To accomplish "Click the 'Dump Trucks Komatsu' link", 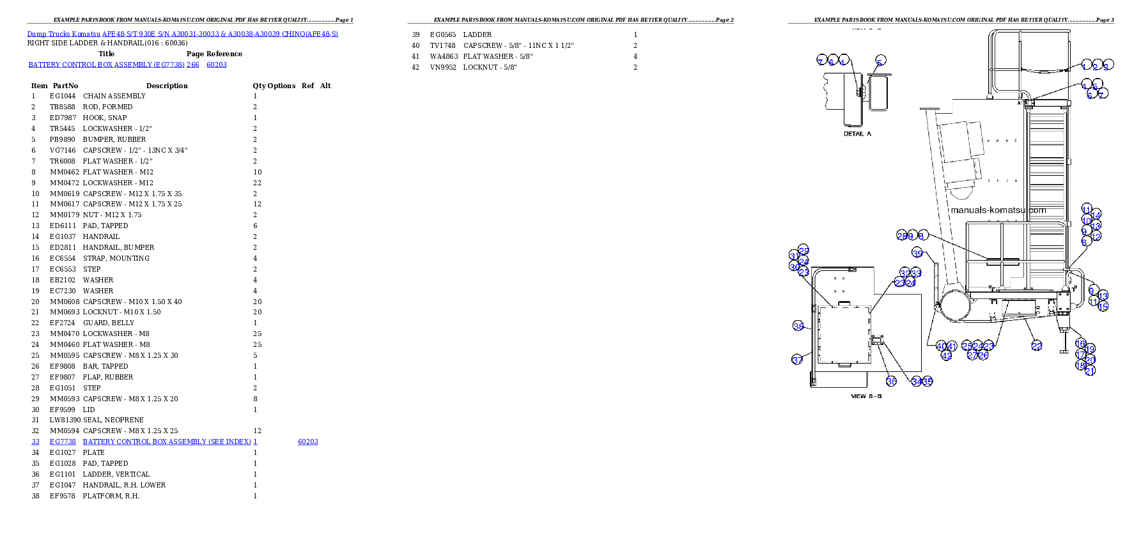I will coord(64,34).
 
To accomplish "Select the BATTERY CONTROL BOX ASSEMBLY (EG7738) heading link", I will coord(114,65).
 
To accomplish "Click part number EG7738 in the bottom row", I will coord(63,442).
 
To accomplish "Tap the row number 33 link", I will coord(35,442).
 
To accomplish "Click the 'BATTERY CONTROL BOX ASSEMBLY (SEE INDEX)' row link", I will coord(167,442).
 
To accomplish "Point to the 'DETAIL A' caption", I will coord(857,134).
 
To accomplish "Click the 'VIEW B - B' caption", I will coord(866,396).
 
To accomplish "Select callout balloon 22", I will coord(1037,346).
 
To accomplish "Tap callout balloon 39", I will coord(917,253).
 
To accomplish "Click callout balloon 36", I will coord(891,381).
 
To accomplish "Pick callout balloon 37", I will coord(797,360).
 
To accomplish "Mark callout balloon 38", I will coord(798,326).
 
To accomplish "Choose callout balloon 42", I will coord(947,355).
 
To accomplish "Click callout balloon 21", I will coord(1091,370).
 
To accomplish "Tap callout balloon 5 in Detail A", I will coord(881,61).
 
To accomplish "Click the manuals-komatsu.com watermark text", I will coord(998,210).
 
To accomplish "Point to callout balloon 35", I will coord(928,381).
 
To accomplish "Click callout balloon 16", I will coord(1080,344).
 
